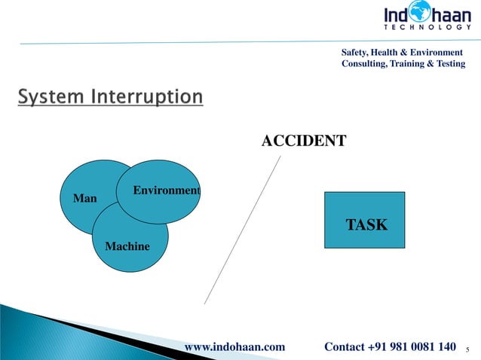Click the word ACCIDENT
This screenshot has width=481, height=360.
tap(304, 140)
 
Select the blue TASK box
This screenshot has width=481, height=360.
tap(365, 220)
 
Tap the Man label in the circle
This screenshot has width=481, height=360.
tap(84, 199)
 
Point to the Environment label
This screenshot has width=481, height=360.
tap(166, 191)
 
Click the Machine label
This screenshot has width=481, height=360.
tap(127, 246)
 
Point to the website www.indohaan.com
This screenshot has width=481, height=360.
tap(234, 346)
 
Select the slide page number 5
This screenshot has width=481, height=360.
tap(468, 349)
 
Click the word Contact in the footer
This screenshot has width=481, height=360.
tap(345, 346)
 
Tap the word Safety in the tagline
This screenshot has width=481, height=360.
tap(356, 52)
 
